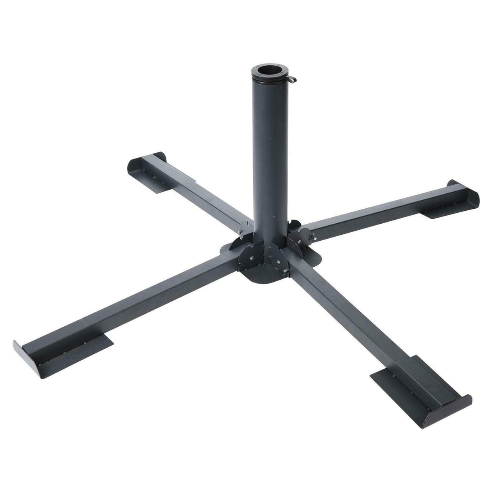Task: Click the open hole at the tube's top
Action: pos(267,69)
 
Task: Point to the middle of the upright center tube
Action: pos(270,154)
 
